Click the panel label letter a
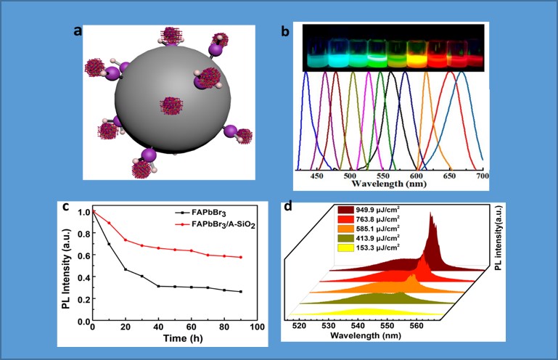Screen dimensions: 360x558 tap(78, 30)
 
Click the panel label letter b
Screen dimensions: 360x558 tap(285, 31)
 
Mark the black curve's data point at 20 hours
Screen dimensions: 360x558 tap(126, 270)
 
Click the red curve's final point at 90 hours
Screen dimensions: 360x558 tap(240, 258)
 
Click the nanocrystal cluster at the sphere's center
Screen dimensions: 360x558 tap(173, 106)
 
